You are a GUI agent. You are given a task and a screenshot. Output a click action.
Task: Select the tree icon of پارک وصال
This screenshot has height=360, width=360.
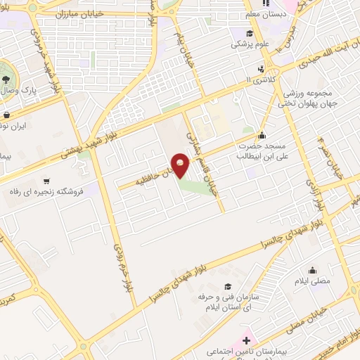point(6,77)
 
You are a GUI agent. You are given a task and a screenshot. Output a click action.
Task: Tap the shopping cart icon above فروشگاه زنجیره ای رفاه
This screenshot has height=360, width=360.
point(46,180)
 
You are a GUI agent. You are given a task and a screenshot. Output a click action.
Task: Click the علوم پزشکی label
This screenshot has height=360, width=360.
point(247,44)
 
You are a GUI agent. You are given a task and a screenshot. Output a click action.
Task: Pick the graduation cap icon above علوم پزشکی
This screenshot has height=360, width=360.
point(249,32)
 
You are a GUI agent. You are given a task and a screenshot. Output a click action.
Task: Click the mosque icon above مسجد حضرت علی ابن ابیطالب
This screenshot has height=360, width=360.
point(262,136)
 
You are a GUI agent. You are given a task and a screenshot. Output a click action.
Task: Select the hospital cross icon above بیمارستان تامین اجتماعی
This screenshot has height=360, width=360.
point(245,340)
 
